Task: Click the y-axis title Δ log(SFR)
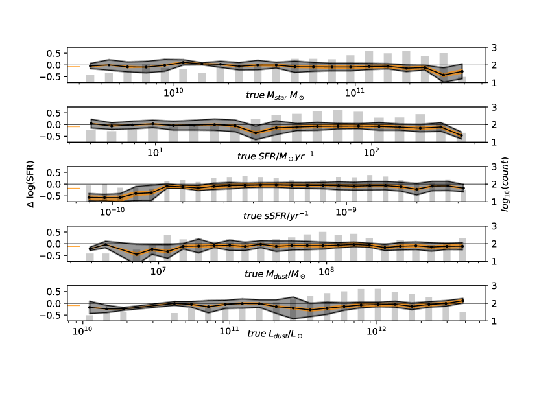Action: [x=31, y=184]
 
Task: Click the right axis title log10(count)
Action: [x=505, y=184]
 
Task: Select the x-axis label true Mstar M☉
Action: [x=275, y=95]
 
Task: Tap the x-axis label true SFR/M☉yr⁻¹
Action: [x=276, y=156]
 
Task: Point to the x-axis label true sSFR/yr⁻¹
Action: [x=276, y=215]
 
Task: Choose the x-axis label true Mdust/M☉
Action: [x=275, y=274]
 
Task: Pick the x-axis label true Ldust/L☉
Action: [x=275, y=334]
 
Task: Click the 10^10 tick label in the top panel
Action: [x=173, y=93]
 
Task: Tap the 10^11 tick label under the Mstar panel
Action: [x=354, y=93]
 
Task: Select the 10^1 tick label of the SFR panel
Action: [x=155, y=152]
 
